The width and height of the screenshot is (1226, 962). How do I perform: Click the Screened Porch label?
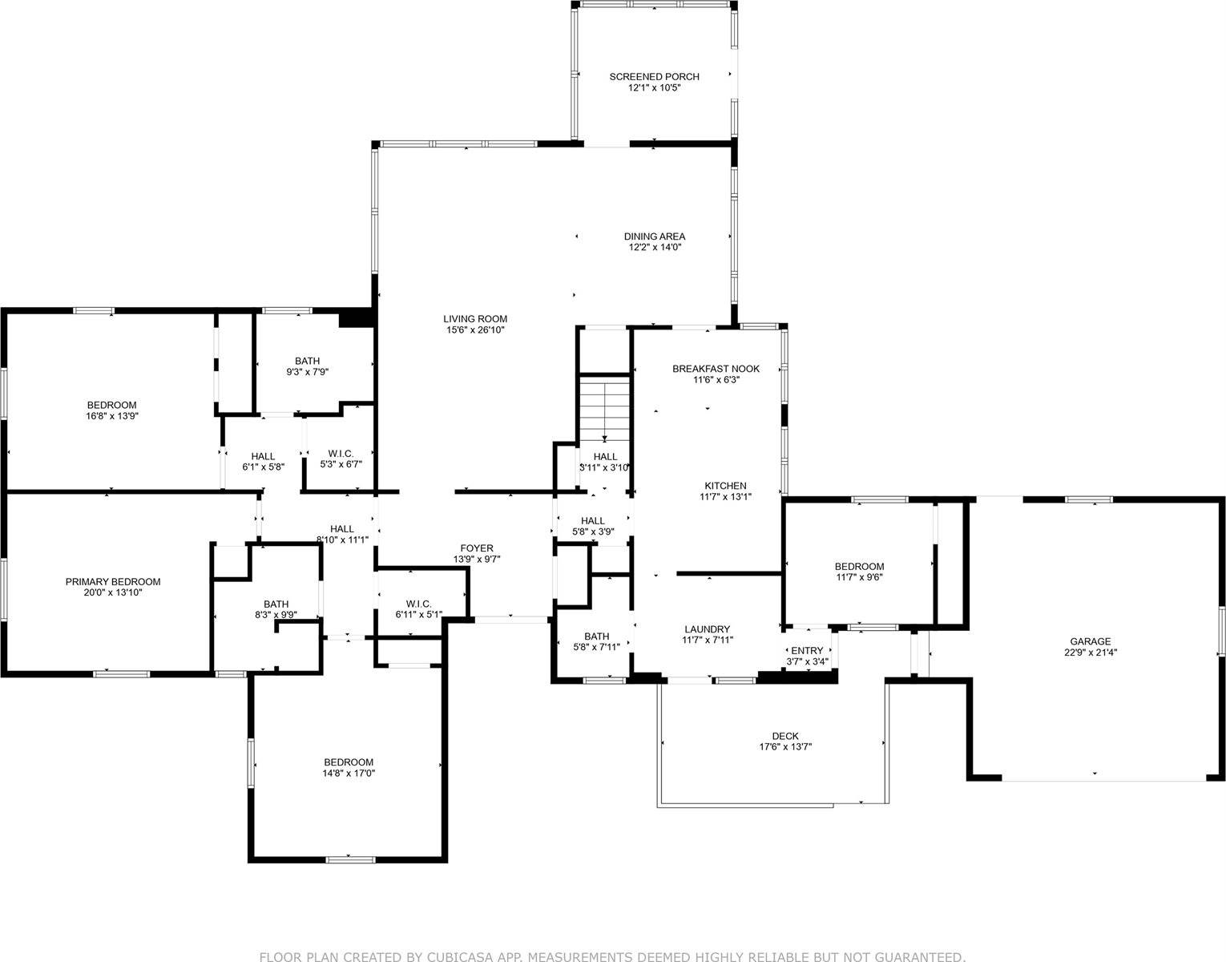pyautogui.click(x=654, y=77)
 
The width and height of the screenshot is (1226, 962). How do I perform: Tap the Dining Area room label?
pyautogui.click(x=655, y=236)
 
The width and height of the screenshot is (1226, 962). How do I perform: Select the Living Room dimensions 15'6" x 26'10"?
pyautogui.click(x=476, y=330)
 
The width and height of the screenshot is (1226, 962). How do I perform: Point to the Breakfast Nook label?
pyautogui.click(x=716, y=369)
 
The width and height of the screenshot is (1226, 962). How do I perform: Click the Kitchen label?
pyautogui.click(x=725, y=486)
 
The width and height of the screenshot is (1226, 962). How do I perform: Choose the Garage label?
pyautogui.click(x=1091, y=641)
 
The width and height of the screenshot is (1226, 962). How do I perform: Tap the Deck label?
pyautogui.click(x=785, y=736)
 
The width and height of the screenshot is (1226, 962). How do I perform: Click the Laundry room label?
pyautogui.click(x=707, y=629)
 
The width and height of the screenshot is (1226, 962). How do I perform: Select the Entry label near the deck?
pyautogui.click(x=807, y=650)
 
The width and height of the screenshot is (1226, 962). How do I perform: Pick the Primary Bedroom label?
pyautogui.click(x=113, y=582)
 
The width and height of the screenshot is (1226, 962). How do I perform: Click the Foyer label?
pyautogui.click(x=477, y=548)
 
